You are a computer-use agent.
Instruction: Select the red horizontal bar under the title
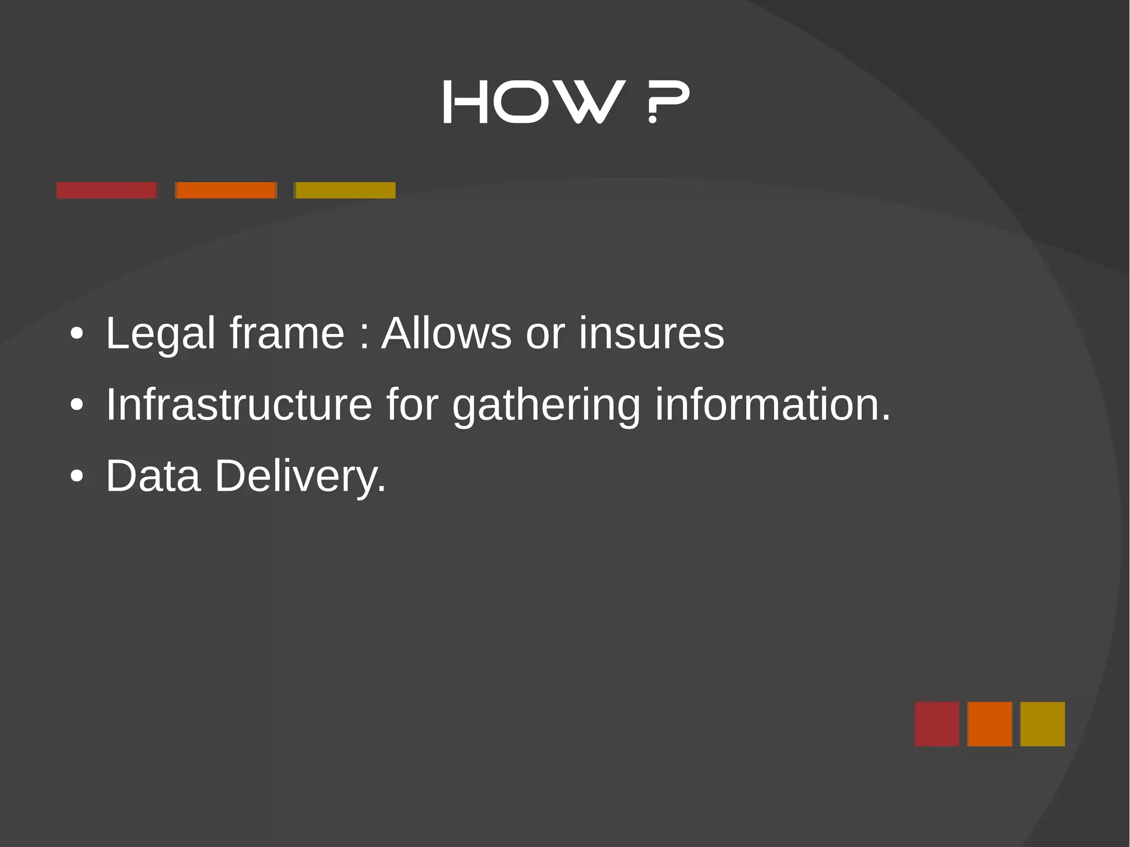tap(106, 190)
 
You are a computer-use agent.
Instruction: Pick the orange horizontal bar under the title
tap(226, 190)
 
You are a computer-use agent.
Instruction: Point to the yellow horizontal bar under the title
tap(345, 190)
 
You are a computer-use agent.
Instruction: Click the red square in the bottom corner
tap(937, 724)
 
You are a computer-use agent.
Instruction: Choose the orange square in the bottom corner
tap(990, 724)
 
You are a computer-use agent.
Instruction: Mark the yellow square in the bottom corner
tap(1042, 724)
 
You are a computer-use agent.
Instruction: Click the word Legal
tap(160, 334)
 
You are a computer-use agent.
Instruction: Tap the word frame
tap(287, 334)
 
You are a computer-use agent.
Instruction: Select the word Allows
tap(446, 334)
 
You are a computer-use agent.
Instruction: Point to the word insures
tap(651, 334)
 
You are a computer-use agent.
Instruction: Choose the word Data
tap(153, 476)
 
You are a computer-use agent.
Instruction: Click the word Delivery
tap(300, 477)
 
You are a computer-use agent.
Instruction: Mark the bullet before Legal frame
tap(77, 334)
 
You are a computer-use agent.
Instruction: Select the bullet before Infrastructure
tap(77, 405)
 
